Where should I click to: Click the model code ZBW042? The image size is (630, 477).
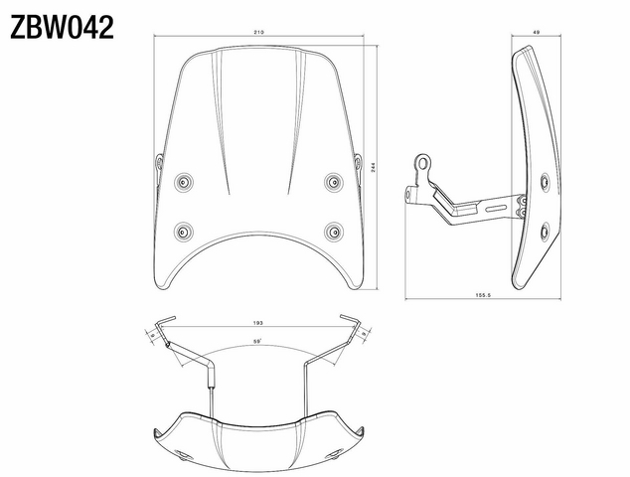coord(62,26)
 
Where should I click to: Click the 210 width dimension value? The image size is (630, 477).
coord(258,34)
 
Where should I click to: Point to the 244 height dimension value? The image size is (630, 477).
coord(371,170)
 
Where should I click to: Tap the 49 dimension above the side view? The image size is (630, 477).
coord(536,34)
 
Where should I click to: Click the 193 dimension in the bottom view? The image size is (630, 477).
coord(258,324)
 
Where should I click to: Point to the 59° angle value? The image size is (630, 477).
coord(256,342)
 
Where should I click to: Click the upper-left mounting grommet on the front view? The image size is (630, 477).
coord(184,181)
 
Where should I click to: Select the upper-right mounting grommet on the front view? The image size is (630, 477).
coord(333,181)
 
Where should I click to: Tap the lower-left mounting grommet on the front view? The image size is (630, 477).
coord(184,231)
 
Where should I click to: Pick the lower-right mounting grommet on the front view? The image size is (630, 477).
coord(333,231)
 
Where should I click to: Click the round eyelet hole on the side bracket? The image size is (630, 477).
coord(424,160)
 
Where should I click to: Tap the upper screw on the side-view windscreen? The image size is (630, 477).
coord(544,182)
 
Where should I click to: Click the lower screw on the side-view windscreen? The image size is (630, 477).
coord(544,232)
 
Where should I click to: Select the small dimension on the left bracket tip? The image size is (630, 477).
coord(152,335)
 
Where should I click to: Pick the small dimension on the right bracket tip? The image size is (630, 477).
coord(365,335)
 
